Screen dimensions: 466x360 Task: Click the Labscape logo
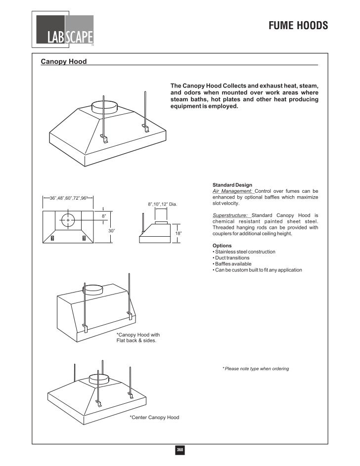pyautogui.click(x=63, y=31)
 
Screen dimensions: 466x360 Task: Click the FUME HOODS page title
pyautogui.click(x=298, y=26)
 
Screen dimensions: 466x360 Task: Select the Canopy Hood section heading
pyautogui.click(x=63, y=62)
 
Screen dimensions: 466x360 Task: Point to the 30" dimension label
pyautogui.click(x=111, y=231)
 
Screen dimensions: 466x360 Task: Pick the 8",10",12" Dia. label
pyautogui.click(x=162, y=204)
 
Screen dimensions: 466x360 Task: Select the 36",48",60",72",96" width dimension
pyautogui.click(x=68, y=198)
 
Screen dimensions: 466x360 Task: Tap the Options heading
pyautogui.click(x=222, y=246)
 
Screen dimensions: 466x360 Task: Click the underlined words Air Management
pyautogui.click(x=232, y=191)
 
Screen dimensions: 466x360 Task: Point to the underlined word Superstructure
pyautogui.click(x=230, y=215)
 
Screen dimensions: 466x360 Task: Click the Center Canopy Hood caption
pyautogui.click(x=154, y=418)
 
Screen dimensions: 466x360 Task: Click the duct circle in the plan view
pyautogui.click(x=68, y=219)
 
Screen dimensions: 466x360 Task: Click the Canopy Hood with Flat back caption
pyautogui.click(x=138, y=338)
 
